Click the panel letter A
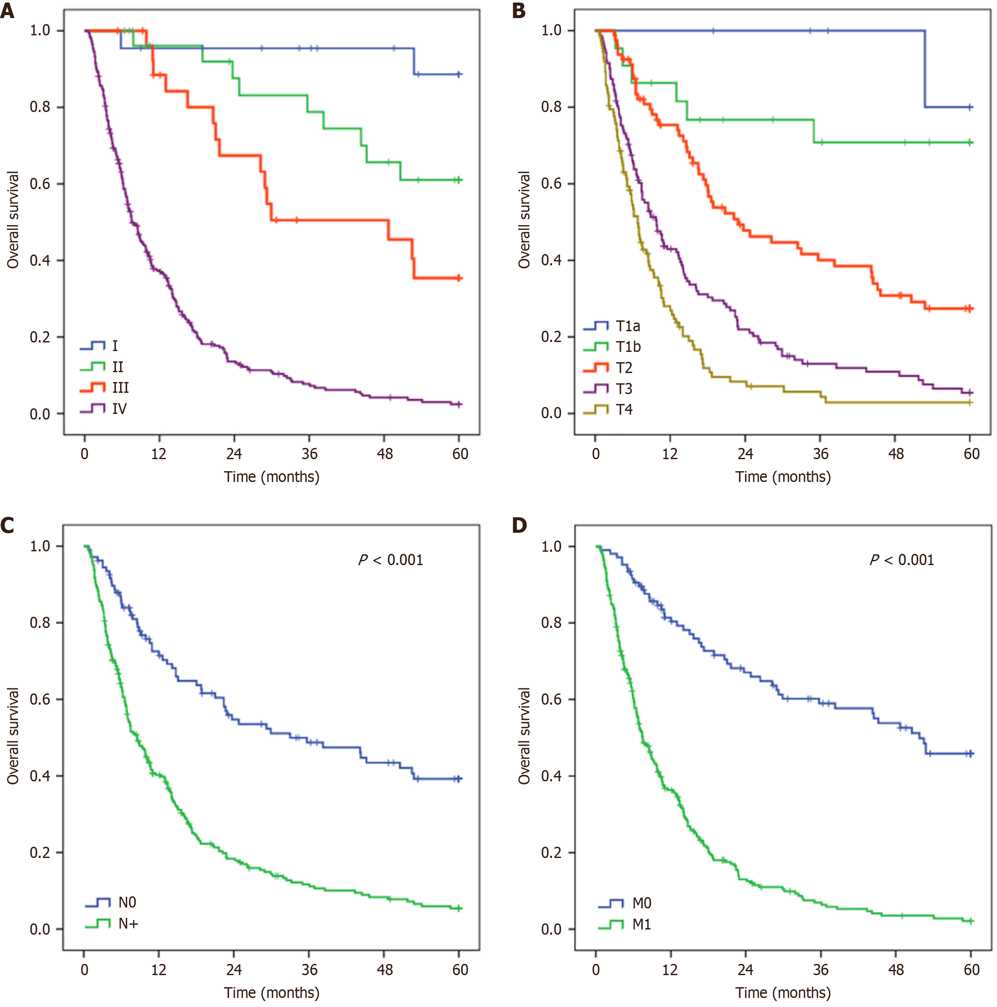coord(7,11)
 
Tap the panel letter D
coord(519,525)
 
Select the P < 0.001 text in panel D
coord(902,560)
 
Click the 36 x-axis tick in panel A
coord(309,454)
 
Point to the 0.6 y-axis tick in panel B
coord(551,183)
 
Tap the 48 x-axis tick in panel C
coord(384,970)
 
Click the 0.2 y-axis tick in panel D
coord(551,853)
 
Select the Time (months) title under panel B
coord(783,477)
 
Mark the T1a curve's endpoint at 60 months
coord(970,107)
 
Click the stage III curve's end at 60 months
coord(459,278)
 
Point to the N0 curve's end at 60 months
coord(459,779)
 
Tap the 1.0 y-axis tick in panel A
coord(40,31)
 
